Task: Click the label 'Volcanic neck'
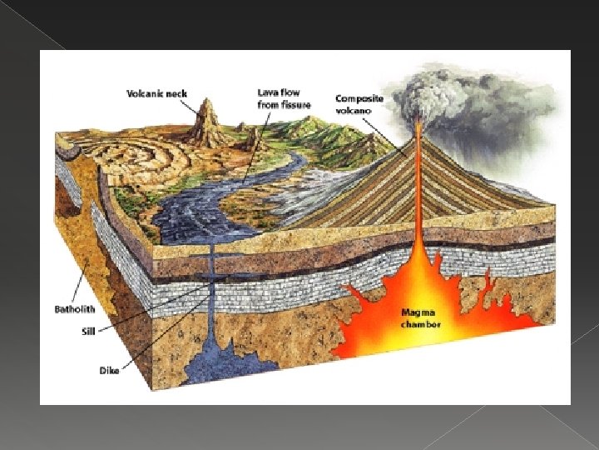tap(157, 93)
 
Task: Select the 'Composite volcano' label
tap(359, 103)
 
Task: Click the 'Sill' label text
tap(87, 331)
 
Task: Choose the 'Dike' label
tap(110, 370)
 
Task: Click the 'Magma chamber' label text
tap(420, 317)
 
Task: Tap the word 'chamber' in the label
tap(420, 323)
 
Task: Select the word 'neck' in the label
tap(176, 93)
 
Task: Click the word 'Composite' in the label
tap(359, 97)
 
